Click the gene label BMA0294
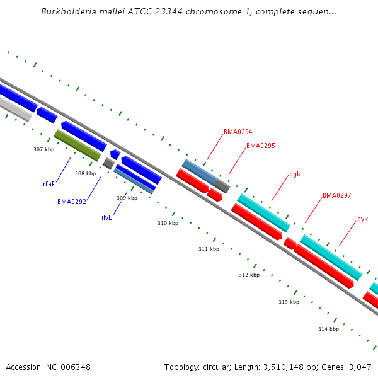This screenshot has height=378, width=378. [x=238, y=132]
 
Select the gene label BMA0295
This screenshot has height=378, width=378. [x=260, y=146]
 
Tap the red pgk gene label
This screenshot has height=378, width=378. [x=295, y=174]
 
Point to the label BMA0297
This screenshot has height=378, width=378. [x=336, y=195]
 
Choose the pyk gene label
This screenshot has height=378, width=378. [x=362, y=219]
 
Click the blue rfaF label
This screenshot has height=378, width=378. [x=49, y=184]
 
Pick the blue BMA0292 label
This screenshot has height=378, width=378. [x=71, y=202]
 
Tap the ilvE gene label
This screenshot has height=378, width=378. [x=106, y=217]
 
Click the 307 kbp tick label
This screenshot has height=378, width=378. [x=43, y=149]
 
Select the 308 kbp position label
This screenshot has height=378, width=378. [x=85, y=173]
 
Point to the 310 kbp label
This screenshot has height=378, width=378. [x=168, y=223]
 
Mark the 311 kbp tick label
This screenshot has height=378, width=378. [x=209, y=249]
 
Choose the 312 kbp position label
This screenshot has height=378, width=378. [x=249, y=275]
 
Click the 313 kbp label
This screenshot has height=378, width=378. [x=289, y=302]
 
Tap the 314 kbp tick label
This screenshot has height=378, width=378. [x=328, y=329]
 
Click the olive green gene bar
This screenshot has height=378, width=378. [x=77, y=146]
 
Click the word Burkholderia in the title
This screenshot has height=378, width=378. [x=66, y=11]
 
